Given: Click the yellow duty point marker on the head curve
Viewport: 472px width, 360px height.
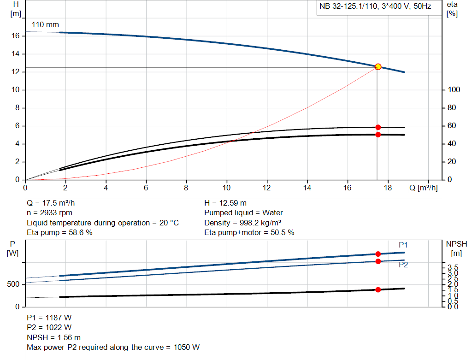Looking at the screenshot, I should tap(378, 67).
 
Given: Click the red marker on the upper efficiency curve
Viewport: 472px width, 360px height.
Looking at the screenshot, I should tap(378, 127).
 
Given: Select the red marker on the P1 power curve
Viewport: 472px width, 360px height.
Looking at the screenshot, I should tap(378, 254).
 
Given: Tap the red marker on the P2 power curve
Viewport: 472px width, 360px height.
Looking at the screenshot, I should tap(378, 261).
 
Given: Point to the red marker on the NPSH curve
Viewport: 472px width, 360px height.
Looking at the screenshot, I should tap(378, 289).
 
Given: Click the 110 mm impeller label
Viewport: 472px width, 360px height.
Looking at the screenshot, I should tap(45, 24).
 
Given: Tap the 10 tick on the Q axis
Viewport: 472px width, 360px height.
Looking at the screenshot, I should tap(226, 188).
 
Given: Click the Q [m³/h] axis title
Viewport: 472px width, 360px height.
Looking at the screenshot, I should tap(423, 188).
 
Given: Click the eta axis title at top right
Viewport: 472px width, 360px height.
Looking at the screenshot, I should tap(452, 9).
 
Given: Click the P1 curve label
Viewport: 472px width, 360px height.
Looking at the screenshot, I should tap(403, 245).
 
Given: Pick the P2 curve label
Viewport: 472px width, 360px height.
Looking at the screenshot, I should tap(403, 265).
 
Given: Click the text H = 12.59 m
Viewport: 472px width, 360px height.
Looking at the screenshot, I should tap(225, 203).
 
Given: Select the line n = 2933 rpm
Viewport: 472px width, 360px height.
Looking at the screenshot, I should tap(49, 213).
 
